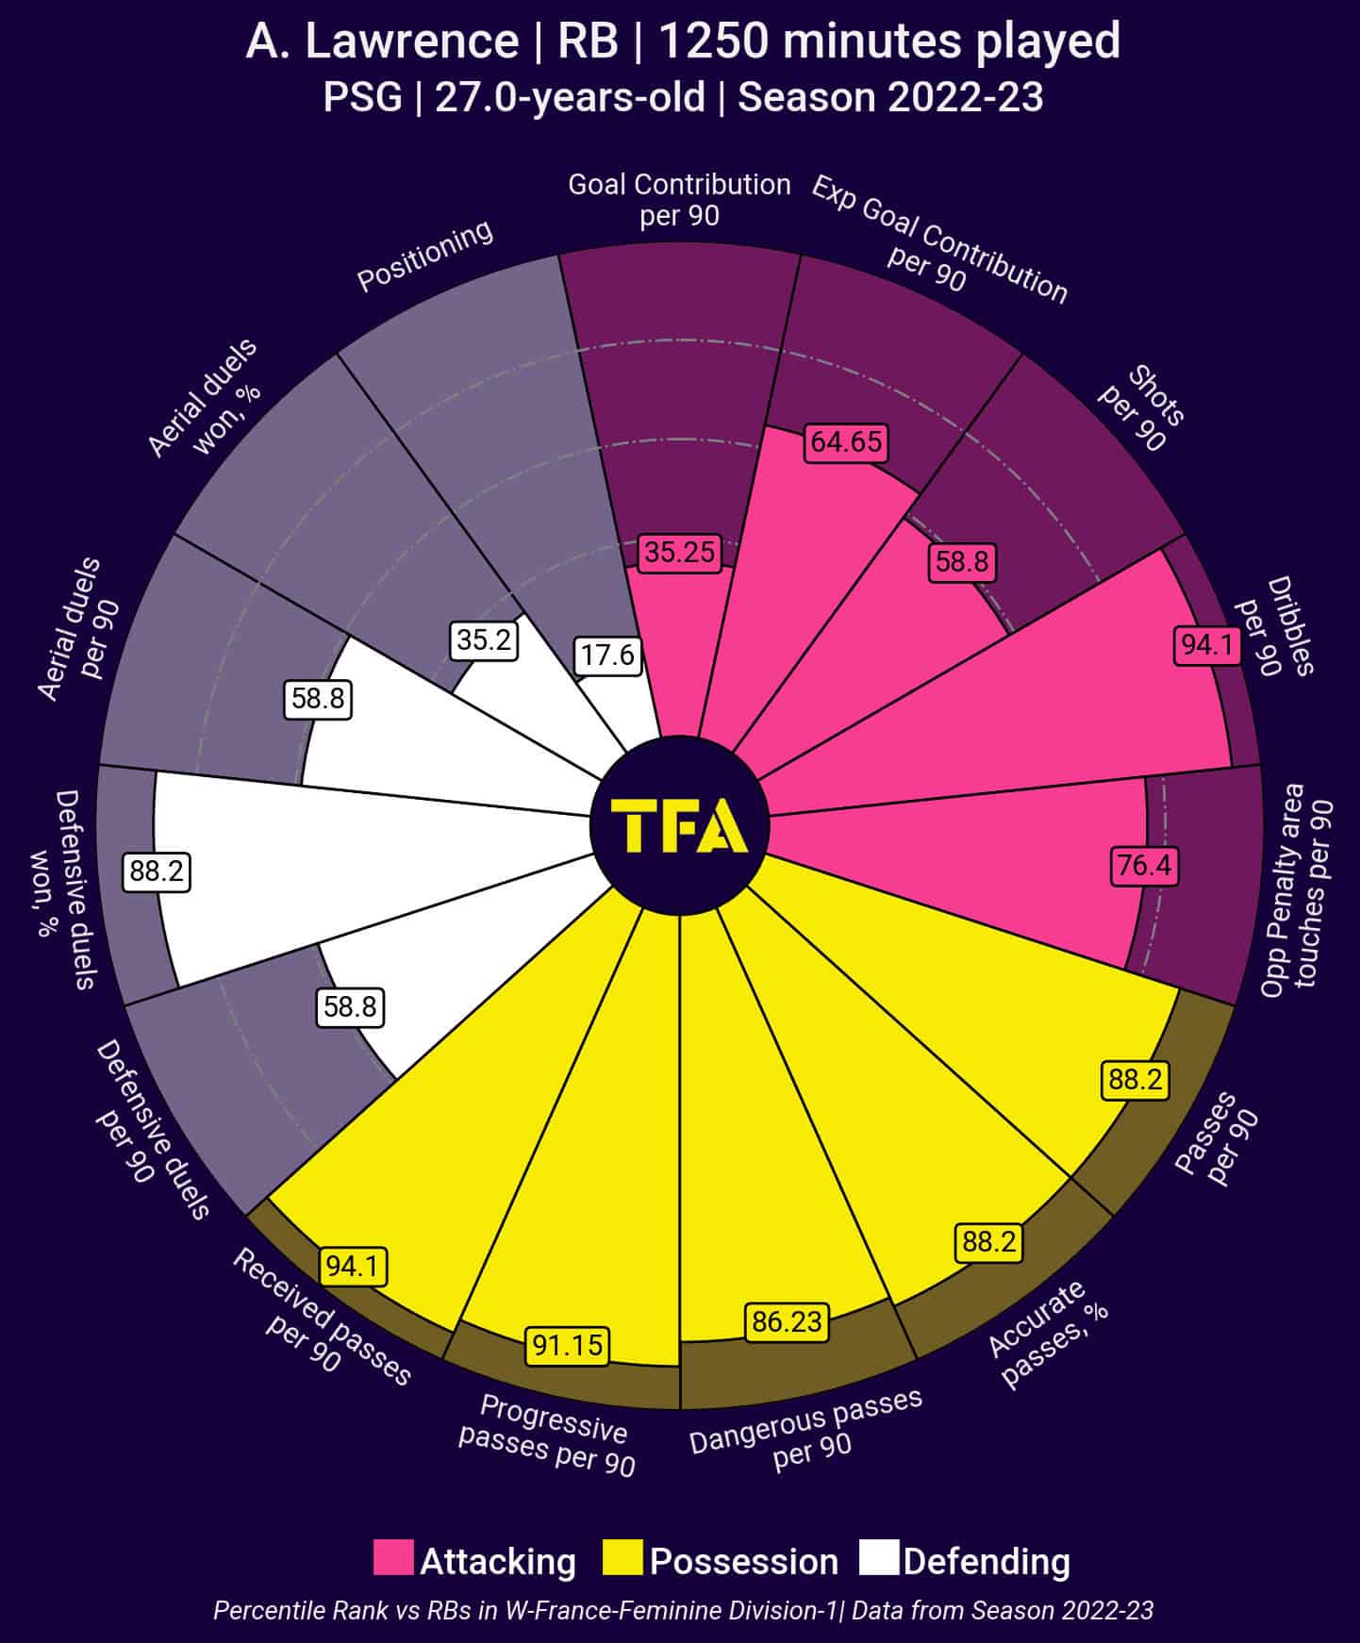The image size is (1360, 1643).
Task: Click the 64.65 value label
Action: click(846, 442)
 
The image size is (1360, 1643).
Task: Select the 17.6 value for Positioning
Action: click(608, 655)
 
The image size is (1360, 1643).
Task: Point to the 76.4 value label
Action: click(1145, 865)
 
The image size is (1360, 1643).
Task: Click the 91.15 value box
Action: click(567, 1344)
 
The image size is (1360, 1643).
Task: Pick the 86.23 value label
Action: click(787, 1321)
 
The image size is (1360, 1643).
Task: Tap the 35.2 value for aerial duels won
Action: click(484, 640)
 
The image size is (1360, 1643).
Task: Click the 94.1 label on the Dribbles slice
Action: click(1207, 645)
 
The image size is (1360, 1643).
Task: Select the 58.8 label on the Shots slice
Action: click(962, 561)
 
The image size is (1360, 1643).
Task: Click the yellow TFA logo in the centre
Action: click(680, 826)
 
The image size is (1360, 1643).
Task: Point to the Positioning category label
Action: click(425, 256)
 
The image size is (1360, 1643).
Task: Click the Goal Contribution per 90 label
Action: click(679, 199)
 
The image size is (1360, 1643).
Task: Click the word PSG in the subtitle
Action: click(362, 97)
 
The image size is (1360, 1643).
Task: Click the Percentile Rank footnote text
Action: click(683, 1610)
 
